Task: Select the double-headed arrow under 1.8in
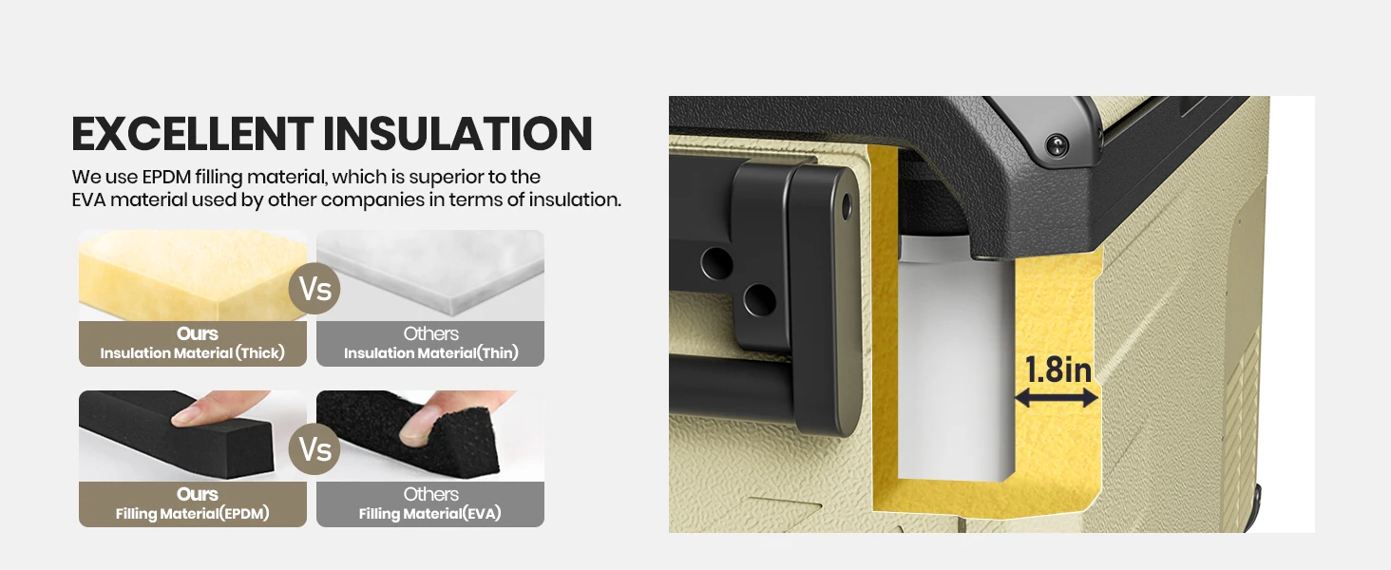tap(1057, 400)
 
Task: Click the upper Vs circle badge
tap(314, 288)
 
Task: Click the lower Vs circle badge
tap(314, 448)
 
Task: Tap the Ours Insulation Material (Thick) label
tap(193, 344)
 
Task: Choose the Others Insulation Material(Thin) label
tap(430, 344)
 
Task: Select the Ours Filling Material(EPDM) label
tap(193, 504)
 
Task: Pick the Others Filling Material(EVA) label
tap(430, 504)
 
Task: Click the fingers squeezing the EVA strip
tap(432, 423)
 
